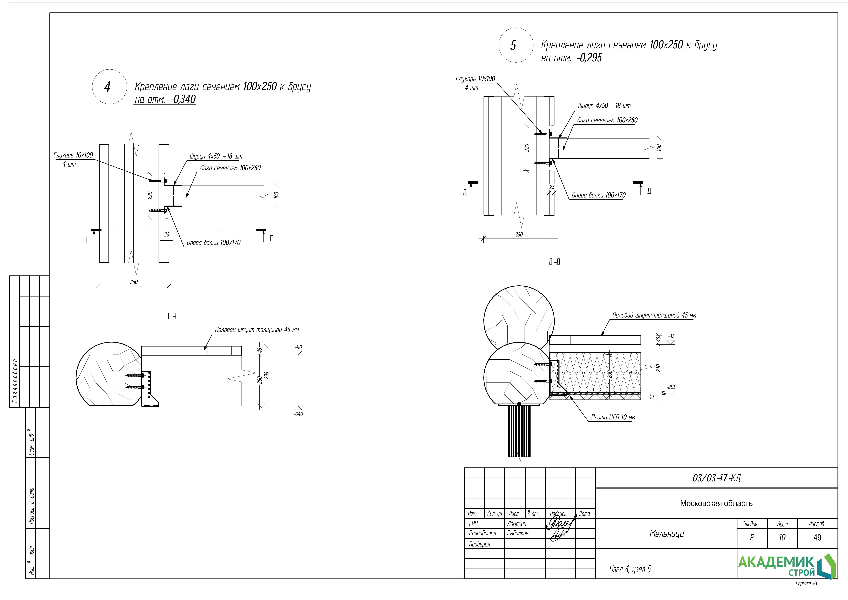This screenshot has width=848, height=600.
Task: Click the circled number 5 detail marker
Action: pos(516,45)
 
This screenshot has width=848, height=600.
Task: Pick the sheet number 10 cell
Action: pos(782,538)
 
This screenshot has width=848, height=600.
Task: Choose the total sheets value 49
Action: pos(817,538)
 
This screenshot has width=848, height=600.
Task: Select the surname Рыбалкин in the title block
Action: pos(518,533)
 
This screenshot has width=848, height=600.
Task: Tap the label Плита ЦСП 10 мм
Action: pos(613,417)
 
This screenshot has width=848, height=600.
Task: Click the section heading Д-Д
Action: pos(554,262)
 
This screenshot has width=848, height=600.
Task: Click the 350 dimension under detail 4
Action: pos(134,282)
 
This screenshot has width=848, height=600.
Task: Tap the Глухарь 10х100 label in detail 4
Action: pos(73,155)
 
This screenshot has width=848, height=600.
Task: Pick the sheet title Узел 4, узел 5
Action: pos(630,569)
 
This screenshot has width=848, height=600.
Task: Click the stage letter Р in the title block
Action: pos(752,538)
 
